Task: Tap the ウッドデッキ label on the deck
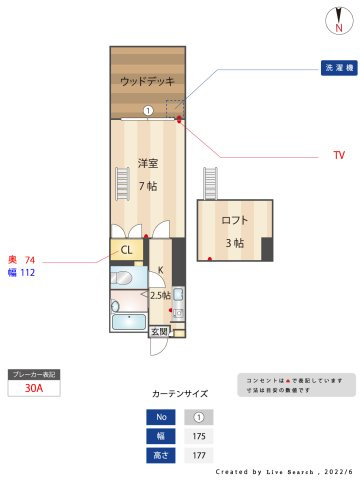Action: pyautogui.click(x=147, y=81)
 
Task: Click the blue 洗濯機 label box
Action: pyautogui.click(x=338, y=69)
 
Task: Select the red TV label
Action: pyautogui.click(x=338, y=156)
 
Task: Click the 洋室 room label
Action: pyautogui.click(x=147, y=163)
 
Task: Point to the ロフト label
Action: pyautogui.click(x=234, y=220)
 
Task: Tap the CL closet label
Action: pyautogui.click(x=127, y=251)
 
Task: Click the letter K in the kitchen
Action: pyautogui.click(x=160, y=270)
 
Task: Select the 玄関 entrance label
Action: pyautogui.click(x=160, y=331)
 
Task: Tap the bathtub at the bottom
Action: pyautogui.click(x=128, y=323)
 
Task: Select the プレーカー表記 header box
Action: pyautogui.click(x=33, y=374)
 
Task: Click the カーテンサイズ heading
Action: pyautogui.click(x=180, y=394)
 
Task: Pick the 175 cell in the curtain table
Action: pyautogui.click(x=198, y=436)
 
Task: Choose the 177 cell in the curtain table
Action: pyautogui.click(x=198, y=455)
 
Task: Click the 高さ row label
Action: pyautogui.click(x=159, y=455)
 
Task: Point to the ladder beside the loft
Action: pyautogui.click(x=210, y=183)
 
